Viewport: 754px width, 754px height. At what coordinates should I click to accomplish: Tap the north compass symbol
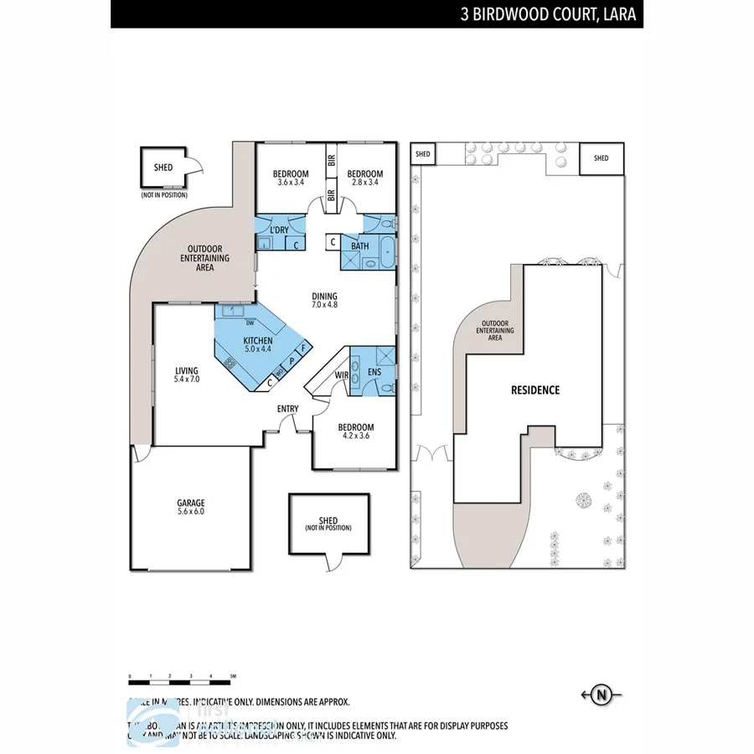tap(601, 694)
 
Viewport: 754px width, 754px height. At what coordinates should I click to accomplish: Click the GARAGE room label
tap(190, 506)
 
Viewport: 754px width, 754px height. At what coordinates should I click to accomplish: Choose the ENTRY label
tap(288, 409)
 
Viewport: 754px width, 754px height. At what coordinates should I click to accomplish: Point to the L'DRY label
tap(279, 230)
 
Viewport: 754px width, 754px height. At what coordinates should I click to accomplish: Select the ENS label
tap(374, 371)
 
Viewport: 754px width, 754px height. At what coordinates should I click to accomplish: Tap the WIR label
tap(341, 374)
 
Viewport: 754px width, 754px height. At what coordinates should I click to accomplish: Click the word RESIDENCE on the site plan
tap(535, 390)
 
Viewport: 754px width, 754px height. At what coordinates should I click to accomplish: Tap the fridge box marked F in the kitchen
tap(302, 347)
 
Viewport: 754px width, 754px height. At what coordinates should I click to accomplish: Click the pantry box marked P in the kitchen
tap(291, 360)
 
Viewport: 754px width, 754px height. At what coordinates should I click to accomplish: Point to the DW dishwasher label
tap(250, 323)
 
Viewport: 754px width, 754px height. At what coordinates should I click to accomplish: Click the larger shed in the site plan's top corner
tap(602, 158)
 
